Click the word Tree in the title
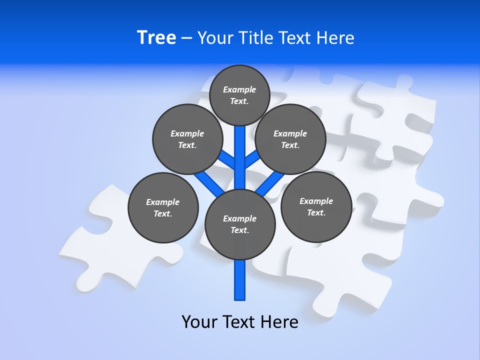click(x=156, y=37)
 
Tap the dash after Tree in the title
click(x=187, y=38)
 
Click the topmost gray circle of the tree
click(x=239, y=95)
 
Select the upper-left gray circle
click(x=187, y=139)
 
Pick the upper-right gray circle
click(x=290, y=139)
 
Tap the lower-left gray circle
click(x=163, y=207)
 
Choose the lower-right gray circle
click(x=316, y=206)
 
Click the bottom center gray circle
click(x=240, y=224)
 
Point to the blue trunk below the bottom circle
click(x=240, y=280)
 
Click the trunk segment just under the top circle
click(x=240, y=145)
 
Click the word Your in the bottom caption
click(x=198, y=322)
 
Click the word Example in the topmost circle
click(x=239, y=89)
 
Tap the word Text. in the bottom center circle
click(x=239, y=230)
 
